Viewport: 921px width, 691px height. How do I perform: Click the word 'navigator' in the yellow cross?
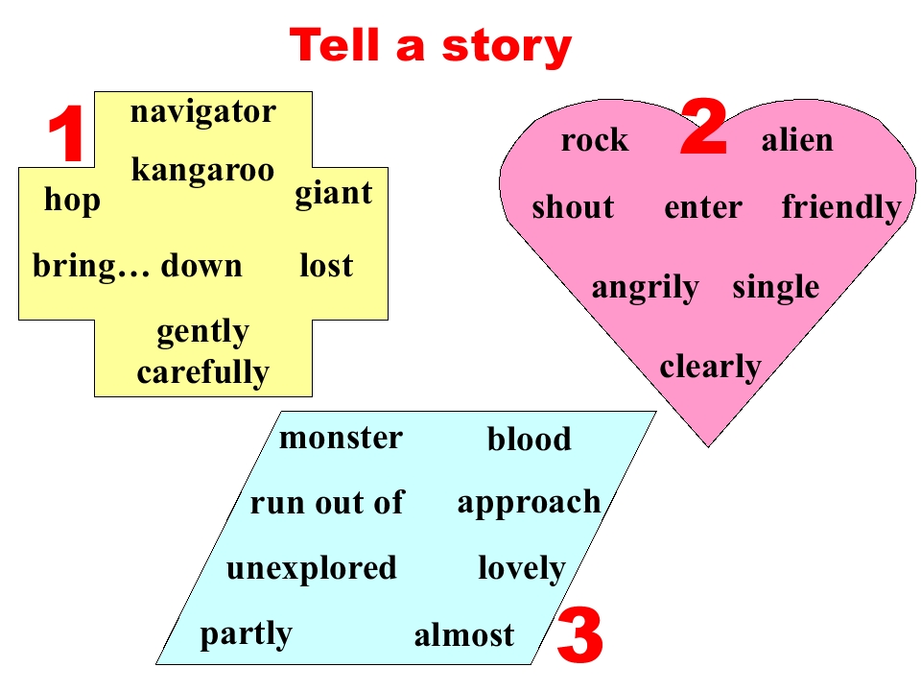coord(203,112)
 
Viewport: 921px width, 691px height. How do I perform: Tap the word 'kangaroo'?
coord(202,170)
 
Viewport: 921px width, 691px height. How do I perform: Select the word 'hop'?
coord(72,201)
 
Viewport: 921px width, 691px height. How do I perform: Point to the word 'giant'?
coord(334,193)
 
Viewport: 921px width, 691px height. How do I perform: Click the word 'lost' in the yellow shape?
coord(326,265)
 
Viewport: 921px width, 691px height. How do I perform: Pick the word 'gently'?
coord(203,332)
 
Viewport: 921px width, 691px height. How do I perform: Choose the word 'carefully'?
coord(203,372)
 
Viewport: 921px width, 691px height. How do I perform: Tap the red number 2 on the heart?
coord(703,128)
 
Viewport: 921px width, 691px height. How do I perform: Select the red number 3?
coord(579,635)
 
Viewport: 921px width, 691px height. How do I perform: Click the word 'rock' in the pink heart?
coord(595,140)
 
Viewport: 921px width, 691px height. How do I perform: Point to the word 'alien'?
coord(797,140)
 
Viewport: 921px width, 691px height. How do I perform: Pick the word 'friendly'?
coord(841,208)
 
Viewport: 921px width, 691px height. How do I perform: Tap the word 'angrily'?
coord(645,289)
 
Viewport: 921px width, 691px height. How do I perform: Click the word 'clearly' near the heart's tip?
coord(710,368)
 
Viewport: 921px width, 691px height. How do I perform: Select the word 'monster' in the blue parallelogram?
coord(341,439)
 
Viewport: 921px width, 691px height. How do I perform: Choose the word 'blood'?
coord(530,439)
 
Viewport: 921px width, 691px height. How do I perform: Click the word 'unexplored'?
coord(311,569)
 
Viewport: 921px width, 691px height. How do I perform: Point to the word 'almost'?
coord(464,635)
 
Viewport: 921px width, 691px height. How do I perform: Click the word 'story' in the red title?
coord(507,47)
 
